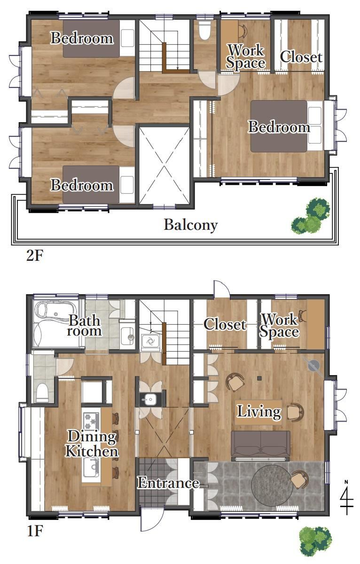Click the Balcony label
coord(190,225)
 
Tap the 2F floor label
coord(35,256)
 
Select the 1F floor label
coord(35,531)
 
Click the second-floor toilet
coord(204,31)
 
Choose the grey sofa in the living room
coord(260,445)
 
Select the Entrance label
coord(168,483)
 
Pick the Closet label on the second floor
coord(301,57)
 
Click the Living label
coord(259,412)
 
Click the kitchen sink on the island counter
coord(91,467)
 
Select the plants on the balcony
coord(311,216)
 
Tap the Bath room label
coord(84,325)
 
